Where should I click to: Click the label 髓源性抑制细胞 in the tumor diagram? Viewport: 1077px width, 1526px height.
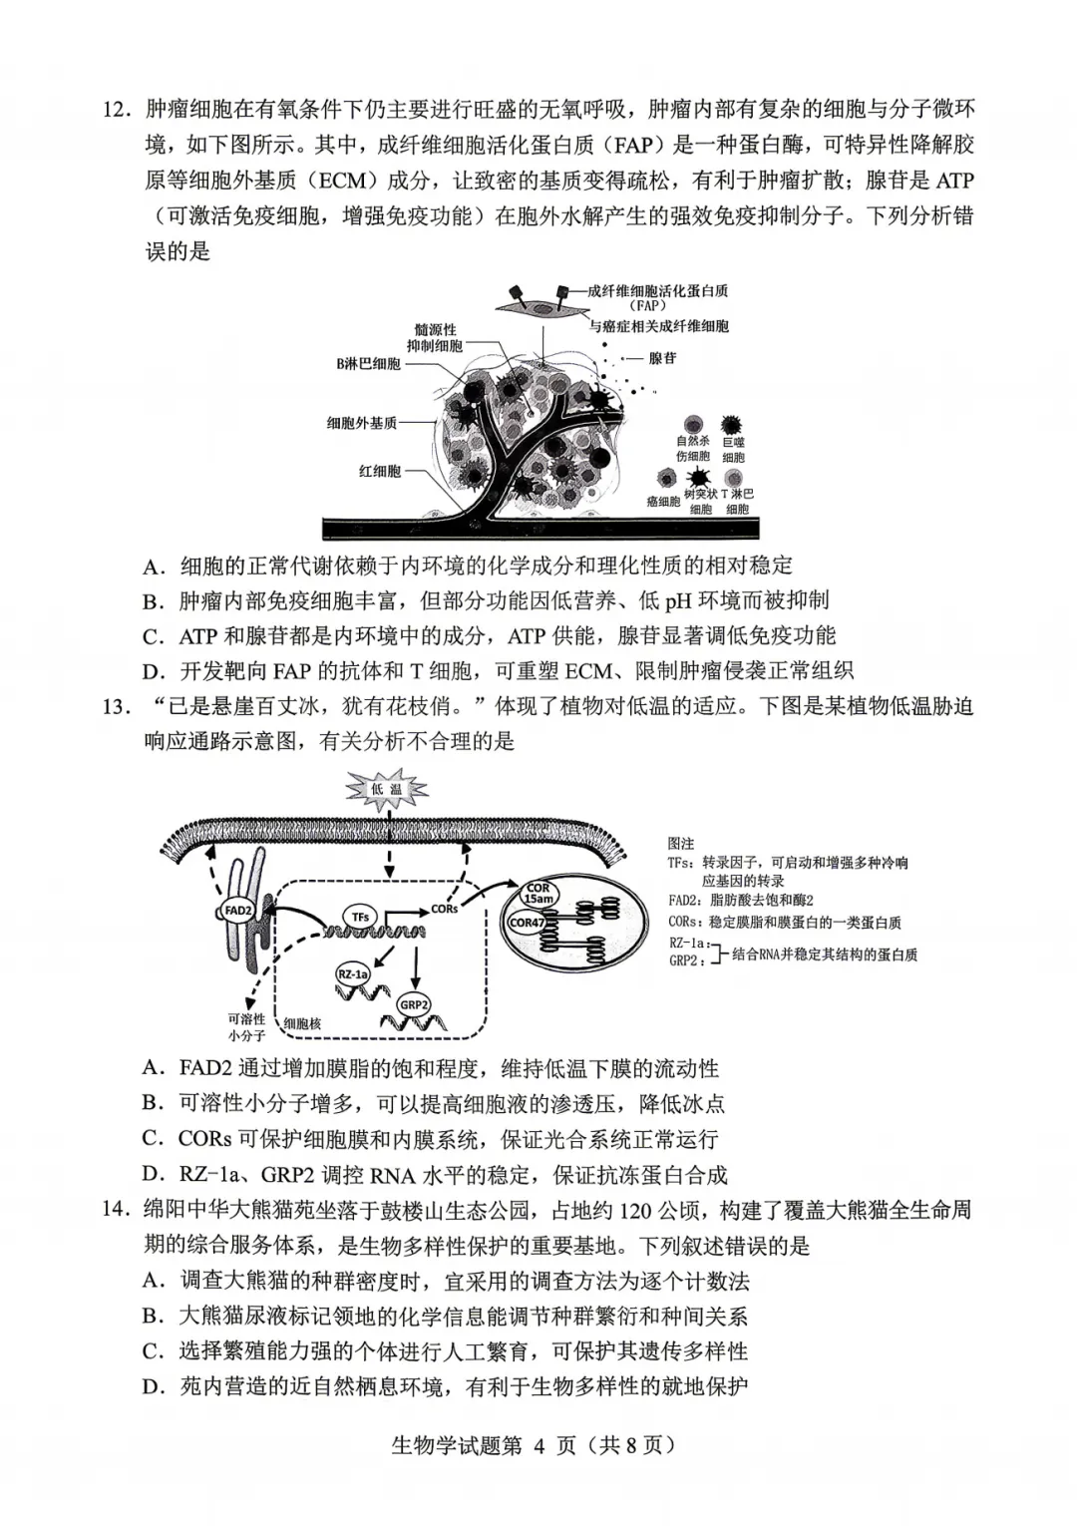[x=435, y=337]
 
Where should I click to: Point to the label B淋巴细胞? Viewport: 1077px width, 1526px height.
[x=368, y=364]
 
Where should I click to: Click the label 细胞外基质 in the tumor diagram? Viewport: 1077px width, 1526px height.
[x=362, y=423]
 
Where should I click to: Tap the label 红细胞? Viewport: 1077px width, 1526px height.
[x=380, y=471]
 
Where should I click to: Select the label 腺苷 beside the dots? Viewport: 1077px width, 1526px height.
[x=662, y=358]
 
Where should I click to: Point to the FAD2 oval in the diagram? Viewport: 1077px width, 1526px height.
[x=237, y=910]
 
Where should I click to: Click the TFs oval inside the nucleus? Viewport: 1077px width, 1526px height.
[x=360, y=916]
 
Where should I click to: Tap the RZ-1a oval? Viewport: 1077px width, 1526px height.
[x=352, y=973]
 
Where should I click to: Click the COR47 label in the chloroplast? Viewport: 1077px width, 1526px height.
[x=528, y=923]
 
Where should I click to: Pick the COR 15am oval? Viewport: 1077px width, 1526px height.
[x=538, y=894]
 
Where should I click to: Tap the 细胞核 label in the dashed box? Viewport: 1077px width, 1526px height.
[x=301, y=1023]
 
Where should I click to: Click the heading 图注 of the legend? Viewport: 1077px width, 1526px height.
[x=680, y=844]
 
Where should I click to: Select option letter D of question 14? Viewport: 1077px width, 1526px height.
[x=153, y=1387]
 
